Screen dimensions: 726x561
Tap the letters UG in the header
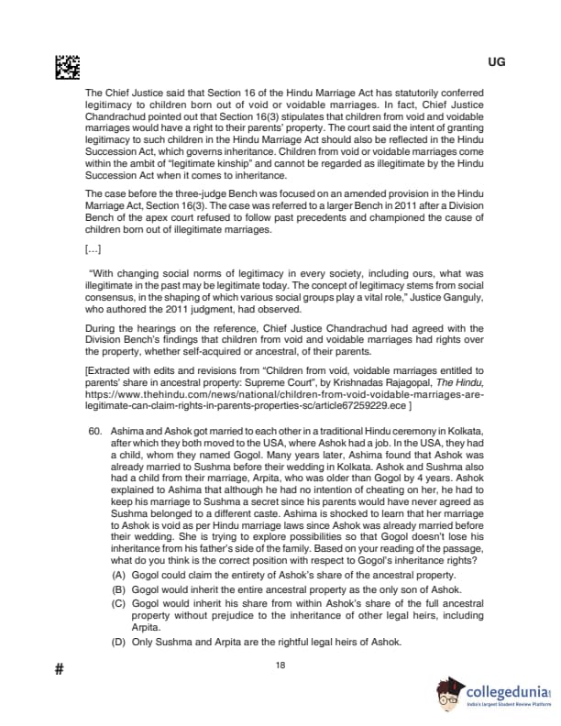(x=497, y=61)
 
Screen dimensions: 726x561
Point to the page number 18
(x=280, y=665)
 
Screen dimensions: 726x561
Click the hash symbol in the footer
(x=59, y=669)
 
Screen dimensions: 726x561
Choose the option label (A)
(x=117, y=574)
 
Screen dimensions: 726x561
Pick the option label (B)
(x=117, y=588)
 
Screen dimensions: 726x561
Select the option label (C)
(x=117, y=603)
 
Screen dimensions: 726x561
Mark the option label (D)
(x=117, y=642)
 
